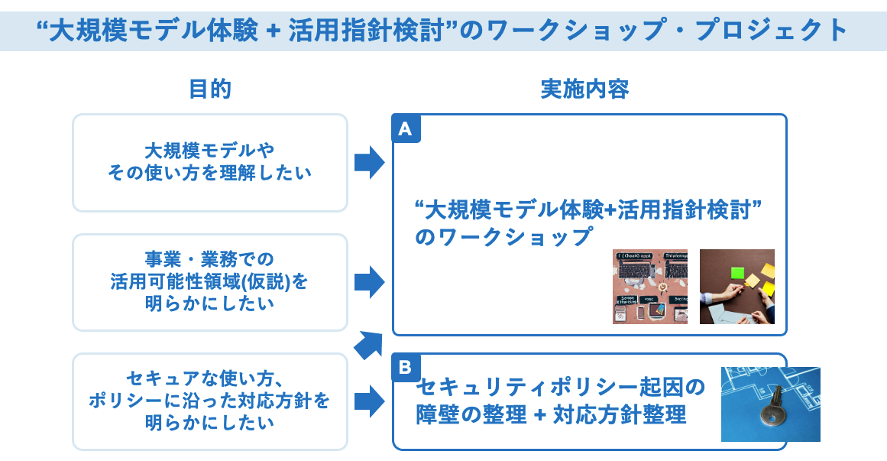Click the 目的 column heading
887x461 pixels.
[x=209, y=89]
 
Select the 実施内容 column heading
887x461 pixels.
[x=584, y=89]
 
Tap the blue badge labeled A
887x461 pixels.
[x=406, y=129]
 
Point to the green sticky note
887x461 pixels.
[x=736, y=272]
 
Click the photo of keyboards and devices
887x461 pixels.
[x=649, y=287]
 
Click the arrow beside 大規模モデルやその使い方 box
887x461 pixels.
[x=369, y=162]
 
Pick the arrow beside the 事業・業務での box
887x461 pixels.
[x=369, y=282]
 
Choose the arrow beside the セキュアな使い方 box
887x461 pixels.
[x=369, y=401]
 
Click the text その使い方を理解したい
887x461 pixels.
[x=209, y=173]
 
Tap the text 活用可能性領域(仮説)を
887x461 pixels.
[x=209, y=282]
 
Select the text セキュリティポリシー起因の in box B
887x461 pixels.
[x=562, y=388]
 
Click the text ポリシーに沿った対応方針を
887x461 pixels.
[x=209, y=401]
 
